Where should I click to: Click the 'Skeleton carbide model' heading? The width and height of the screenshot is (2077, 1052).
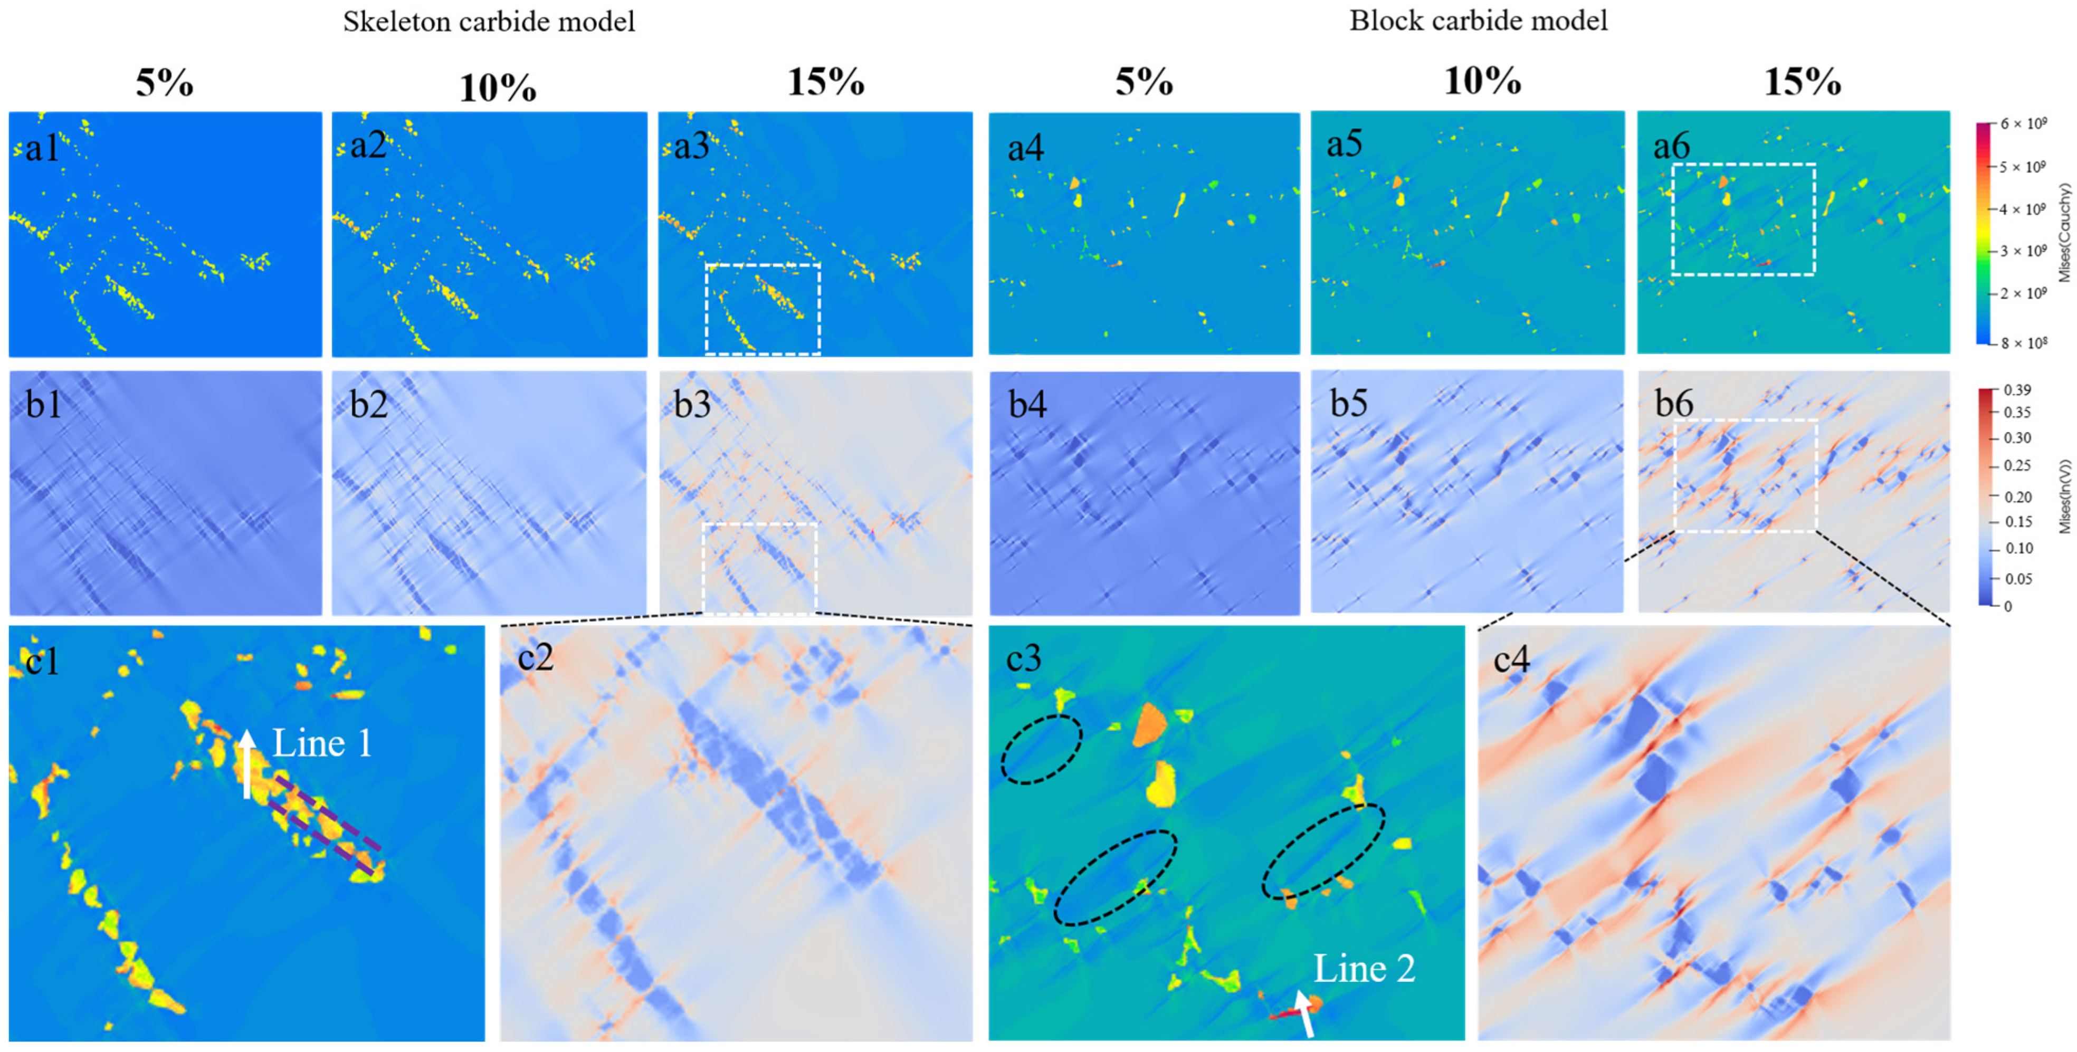[489, 21]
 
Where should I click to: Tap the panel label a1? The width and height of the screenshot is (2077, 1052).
[42, 148]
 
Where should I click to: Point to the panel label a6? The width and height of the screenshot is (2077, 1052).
[1671, 146]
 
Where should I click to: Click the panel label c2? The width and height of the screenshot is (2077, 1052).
[536, 658]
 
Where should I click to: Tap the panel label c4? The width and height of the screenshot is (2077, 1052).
[1511, 659]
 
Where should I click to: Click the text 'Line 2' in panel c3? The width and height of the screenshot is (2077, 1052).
[1364, 968]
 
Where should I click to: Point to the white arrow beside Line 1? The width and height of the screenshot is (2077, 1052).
[247, 762]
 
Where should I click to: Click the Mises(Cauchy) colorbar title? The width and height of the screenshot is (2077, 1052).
[2065, 233]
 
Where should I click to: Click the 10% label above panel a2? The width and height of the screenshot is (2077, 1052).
[498, 87]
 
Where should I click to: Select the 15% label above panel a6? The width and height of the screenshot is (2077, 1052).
[1802, 82]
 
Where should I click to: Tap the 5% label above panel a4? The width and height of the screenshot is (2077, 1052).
[1144, 82]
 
